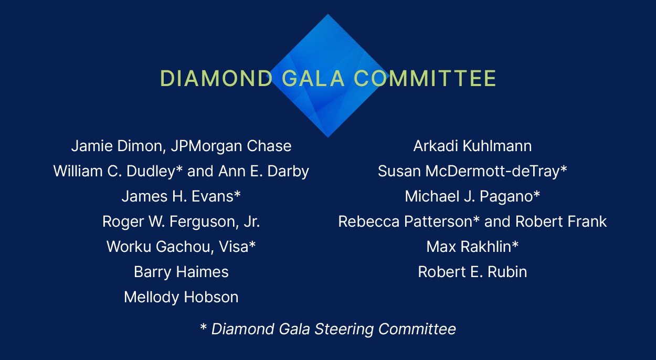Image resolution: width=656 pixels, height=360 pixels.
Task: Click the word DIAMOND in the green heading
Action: click(216, 79)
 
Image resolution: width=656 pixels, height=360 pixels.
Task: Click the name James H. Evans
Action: click(177, 196)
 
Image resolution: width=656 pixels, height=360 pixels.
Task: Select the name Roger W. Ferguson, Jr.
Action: click(181, 221)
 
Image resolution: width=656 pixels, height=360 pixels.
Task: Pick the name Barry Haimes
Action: click(181, 272)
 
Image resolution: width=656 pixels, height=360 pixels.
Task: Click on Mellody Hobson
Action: click(181, 297)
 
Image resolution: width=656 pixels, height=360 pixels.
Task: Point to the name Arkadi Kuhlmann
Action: click(472, 146)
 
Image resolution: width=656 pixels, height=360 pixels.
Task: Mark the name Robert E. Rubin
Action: click(472, 272)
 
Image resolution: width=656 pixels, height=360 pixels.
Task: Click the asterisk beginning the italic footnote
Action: click(204, 328)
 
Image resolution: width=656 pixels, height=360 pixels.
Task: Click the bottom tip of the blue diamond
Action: click(328, 136)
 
